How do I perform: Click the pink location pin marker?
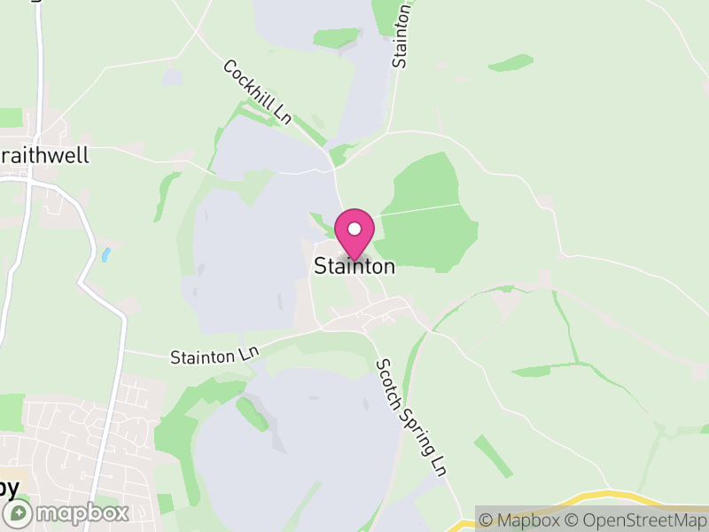point(354,233)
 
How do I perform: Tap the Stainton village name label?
point(354,266)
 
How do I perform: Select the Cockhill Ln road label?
point(257,92)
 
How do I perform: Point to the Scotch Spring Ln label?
point(409,414)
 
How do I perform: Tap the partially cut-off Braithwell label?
point(44,155)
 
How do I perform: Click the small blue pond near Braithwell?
point(106,254)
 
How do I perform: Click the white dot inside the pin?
point(354,228)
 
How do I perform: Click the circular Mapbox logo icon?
point(19,512)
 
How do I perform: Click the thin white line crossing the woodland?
point(421,209)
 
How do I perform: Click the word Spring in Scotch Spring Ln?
point(412,421)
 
